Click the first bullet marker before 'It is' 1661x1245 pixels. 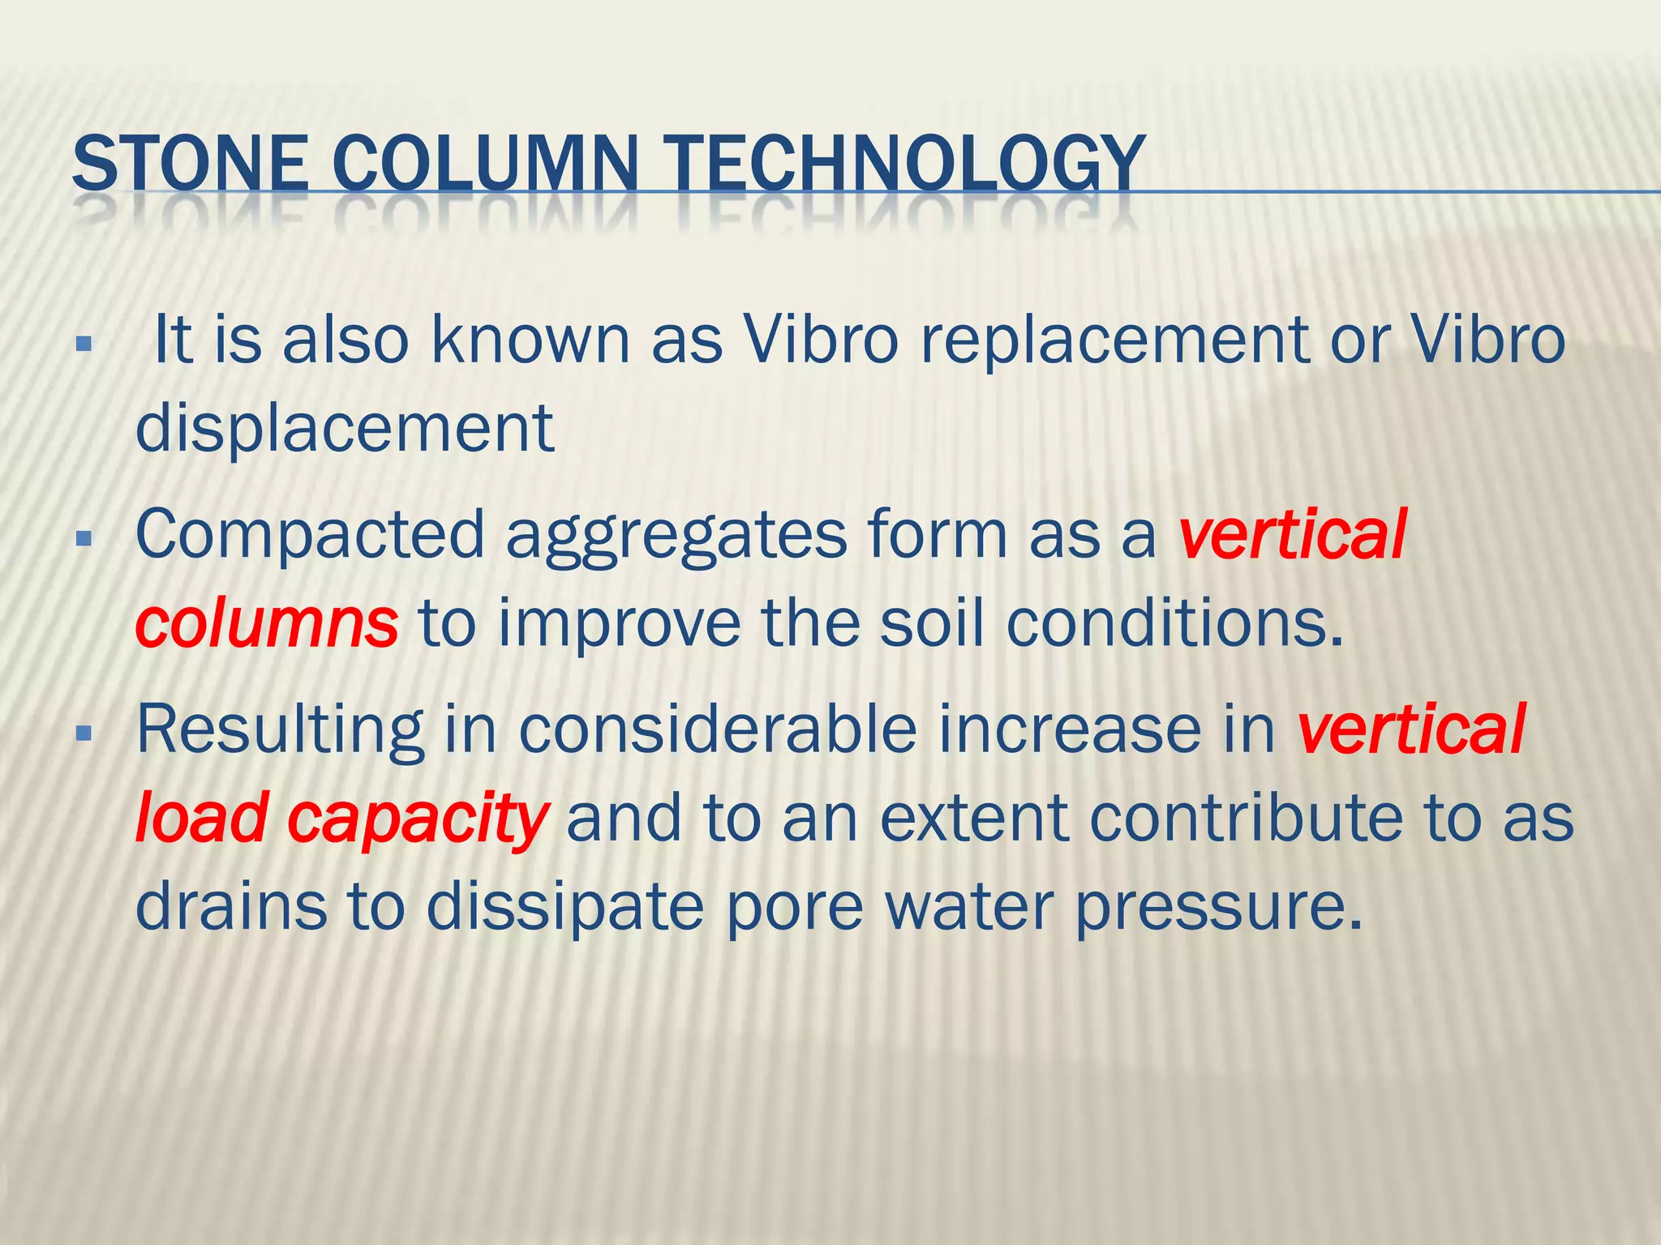coord(83,344)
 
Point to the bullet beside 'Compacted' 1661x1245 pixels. coord(83,538)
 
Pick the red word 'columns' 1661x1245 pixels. coord(267,624)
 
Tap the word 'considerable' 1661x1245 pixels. coord(718,729)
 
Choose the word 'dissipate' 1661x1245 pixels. coord(565,908)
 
